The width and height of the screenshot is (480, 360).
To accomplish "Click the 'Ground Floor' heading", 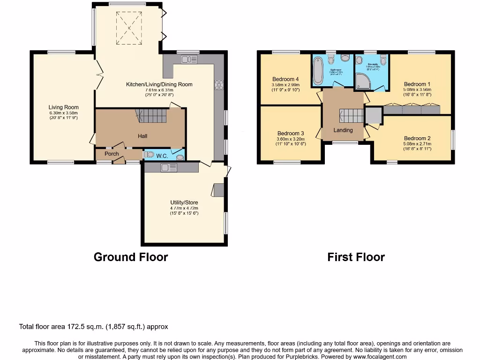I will point(131,257).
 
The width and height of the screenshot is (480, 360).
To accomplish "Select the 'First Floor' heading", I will point(356,257).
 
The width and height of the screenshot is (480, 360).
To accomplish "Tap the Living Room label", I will point(64,107).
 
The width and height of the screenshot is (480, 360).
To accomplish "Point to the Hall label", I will point(142,136).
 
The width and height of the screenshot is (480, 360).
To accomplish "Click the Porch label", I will point(112,154).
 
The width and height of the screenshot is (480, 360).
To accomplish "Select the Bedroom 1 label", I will point(417,84).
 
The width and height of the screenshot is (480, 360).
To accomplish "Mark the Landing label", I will point(343,130).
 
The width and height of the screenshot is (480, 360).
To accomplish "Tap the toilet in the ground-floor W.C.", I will point(150,154).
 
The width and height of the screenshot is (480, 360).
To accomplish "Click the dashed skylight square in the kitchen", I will point(128,28).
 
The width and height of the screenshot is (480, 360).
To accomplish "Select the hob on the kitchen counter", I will point(218,85).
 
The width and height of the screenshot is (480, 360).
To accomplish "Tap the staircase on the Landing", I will point(352,115).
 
